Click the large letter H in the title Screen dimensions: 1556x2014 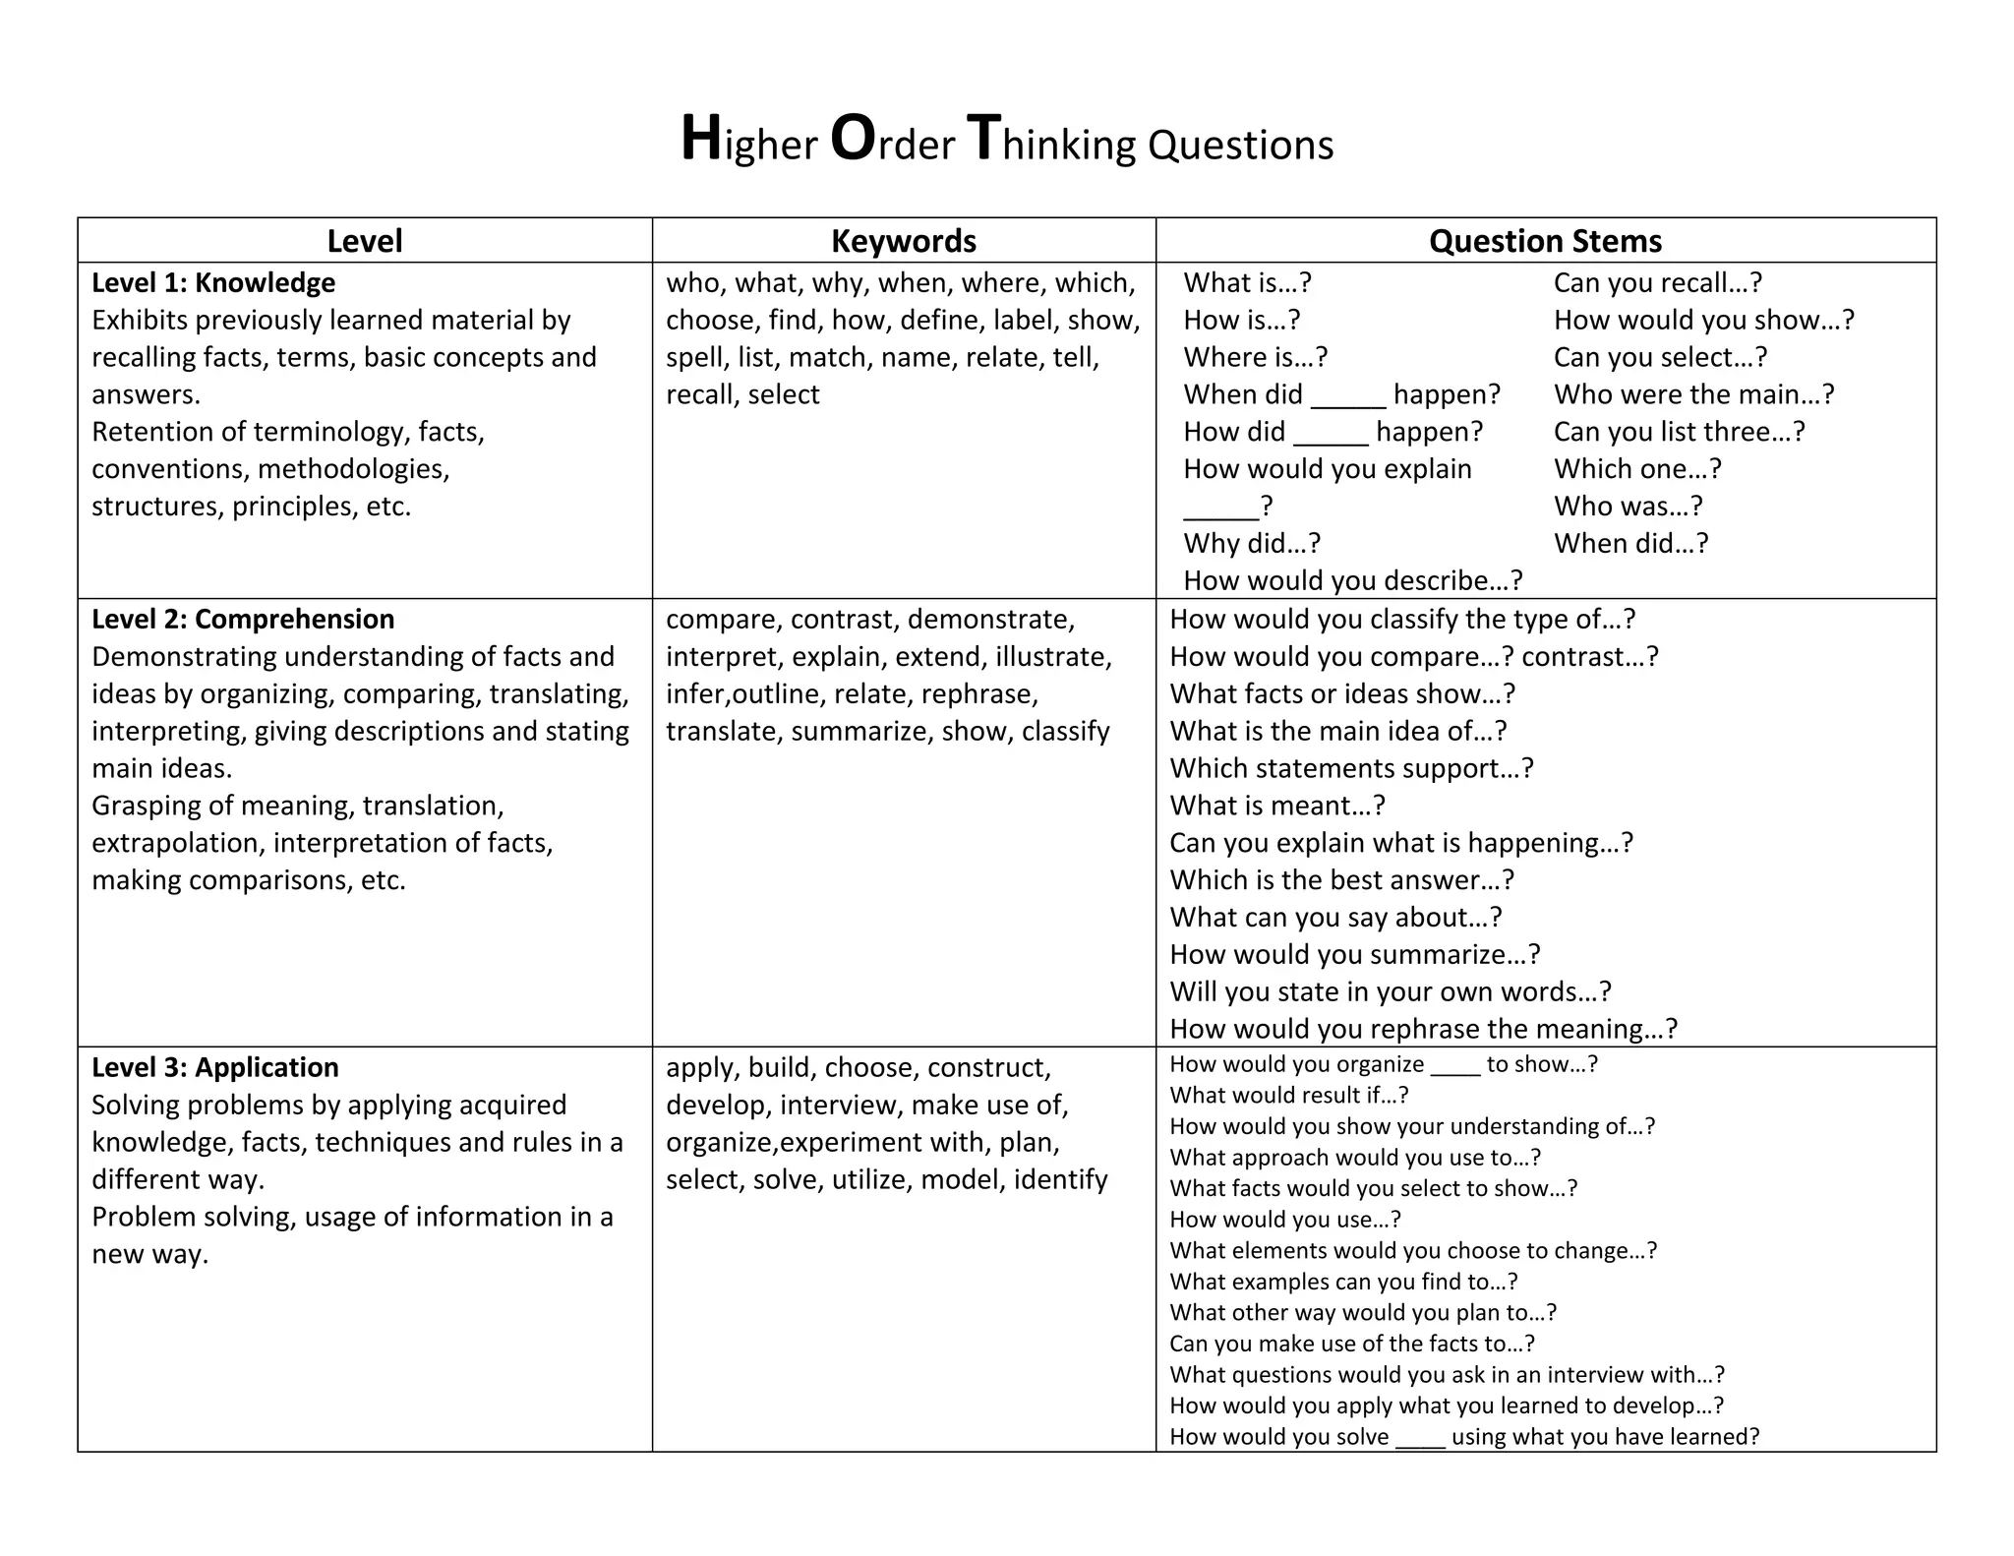point(702,139)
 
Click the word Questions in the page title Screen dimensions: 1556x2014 point(1240,145)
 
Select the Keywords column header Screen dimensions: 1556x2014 point(903,241)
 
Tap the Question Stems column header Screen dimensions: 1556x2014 point(1545,241)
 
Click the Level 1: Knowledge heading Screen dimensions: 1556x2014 point(213,283)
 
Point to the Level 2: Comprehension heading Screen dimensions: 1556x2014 point(243,620)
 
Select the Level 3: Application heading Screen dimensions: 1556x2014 point(214,1068)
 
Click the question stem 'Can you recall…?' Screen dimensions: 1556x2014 point(1658,283)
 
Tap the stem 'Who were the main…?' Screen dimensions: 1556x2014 point(1693,394)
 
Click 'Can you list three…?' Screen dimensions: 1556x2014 point(1679,432)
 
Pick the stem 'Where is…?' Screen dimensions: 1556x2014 point(1255,357)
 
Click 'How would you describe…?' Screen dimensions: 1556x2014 point(1352,581)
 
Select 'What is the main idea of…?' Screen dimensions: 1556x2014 point(1337,731)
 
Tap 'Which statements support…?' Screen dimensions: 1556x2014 point(1351,768)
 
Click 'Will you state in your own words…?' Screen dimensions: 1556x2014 point(1391,991)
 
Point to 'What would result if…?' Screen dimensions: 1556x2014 point(1288,1096)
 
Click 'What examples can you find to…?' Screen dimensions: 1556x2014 point(1343,1282)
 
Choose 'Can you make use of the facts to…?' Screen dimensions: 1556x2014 point(1351,1344)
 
